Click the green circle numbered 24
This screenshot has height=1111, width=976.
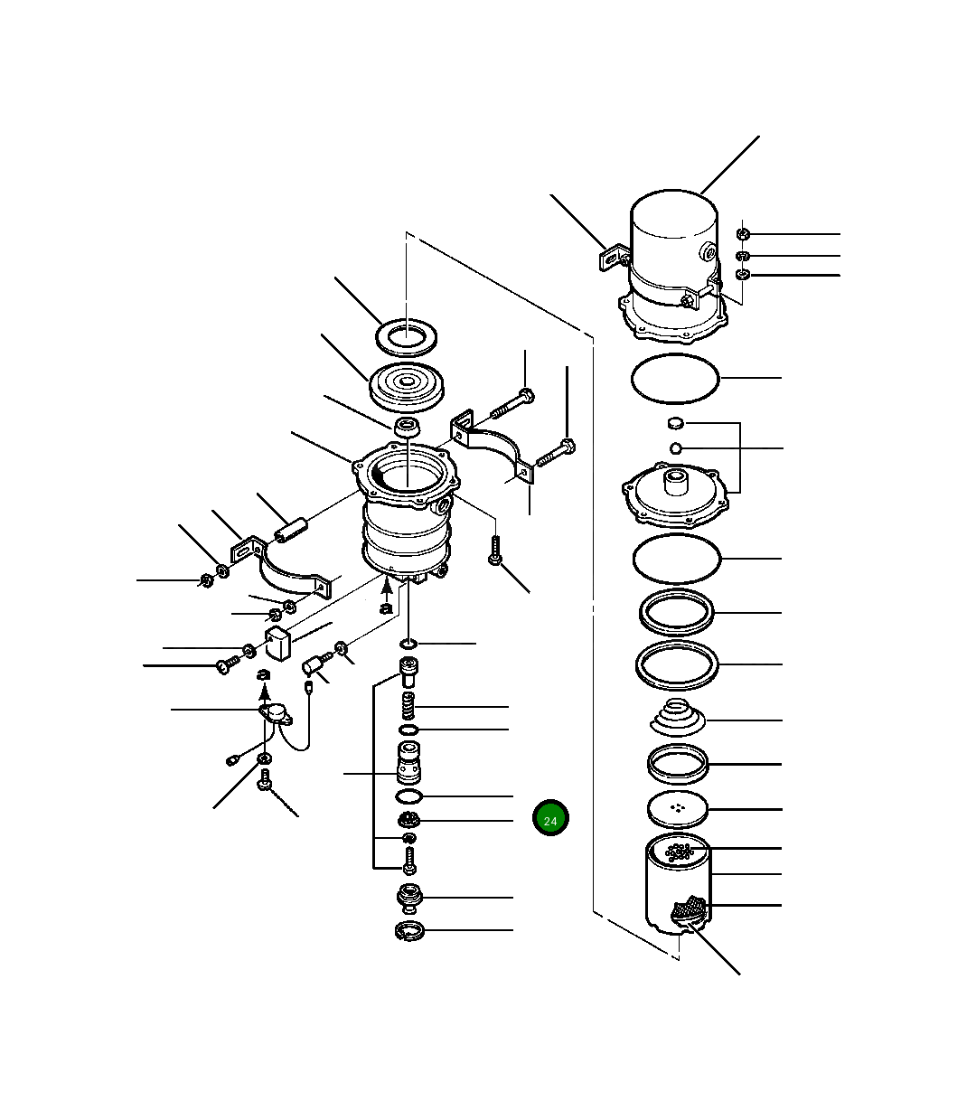click(550, 817)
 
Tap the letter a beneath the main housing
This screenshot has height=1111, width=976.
click(387, 608)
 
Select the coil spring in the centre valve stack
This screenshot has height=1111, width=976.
click(408, 706)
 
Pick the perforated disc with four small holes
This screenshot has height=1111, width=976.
click(677, 808)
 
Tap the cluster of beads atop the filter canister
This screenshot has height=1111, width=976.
click(679, 852)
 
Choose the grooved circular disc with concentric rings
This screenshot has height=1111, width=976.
click(407, 387)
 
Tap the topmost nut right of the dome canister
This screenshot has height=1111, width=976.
click(743, 234)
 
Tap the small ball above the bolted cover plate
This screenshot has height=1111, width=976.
click(676, 448)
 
